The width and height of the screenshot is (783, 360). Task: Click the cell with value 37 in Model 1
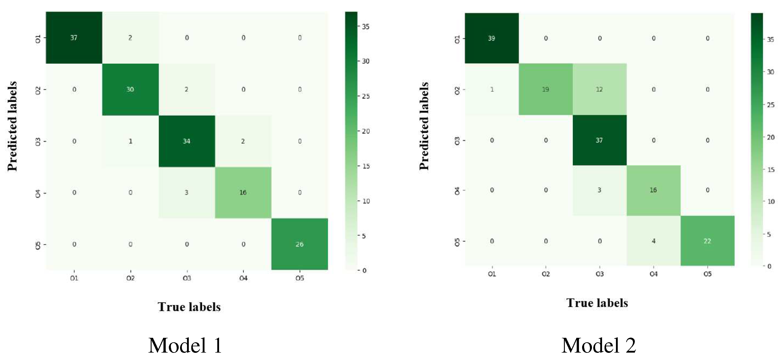(74, 38)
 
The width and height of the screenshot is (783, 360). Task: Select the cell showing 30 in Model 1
(130, 89)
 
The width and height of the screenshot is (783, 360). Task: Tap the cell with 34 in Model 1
(187, 141)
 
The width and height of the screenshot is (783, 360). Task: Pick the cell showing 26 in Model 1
(299, 244)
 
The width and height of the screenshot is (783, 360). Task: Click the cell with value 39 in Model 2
(492, 38)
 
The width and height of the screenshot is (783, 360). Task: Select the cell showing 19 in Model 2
(546, 89)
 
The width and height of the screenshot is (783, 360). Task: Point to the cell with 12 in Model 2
(599, 89)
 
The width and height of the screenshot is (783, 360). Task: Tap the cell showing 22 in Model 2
(707, 241)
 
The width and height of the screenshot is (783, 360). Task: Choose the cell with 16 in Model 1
(243, 192)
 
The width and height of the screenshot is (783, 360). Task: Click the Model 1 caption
(185, 345)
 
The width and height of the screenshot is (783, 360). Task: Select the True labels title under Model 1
(189, 307)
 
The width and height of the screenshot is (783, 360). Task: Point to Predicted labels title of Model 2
(424, 126)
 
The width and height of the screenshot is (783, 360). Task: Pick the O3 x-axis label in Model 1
(187, 278)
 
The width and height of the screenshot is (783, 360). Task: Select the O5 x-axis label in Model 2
(707, 274)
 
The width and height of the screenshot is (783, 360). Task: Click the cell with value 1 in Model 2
(492, 89)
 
